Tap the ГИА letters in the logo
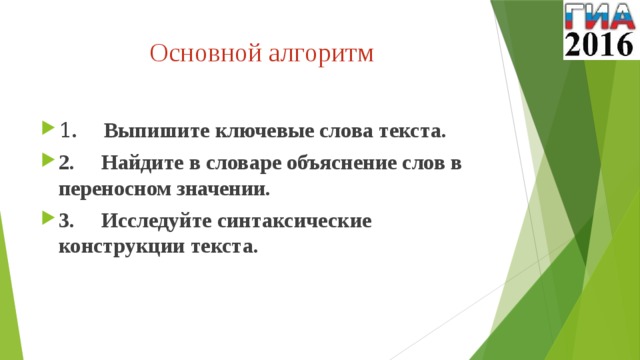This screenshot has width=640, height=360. click(599, 16)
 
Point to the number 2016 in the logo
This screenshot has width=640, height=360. click(599, 43)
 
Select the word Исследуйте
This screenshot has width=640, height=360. click(156, 220)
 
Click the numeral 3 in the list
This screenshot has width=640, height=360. click(65, 220)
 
